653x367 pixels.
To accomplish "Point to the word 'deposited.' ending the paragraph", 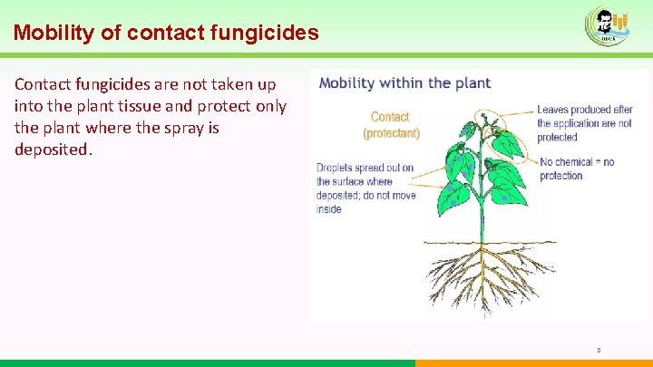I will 54,150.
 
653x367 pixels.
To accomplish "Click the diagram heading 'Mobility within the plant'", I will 404,83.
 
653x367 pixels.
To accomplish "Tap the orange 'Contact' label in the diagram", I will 390,117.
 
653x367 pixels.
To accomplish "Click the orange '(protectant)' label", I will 391,133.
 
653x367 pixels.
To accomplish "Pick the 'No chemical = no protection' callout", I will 577,169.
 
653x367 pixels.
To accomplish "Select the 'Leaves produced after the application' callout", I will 584,124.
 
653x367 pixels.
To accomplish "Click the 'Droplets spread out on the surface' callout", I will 365,188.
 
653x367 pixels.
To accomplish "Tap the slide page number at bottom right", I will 599,349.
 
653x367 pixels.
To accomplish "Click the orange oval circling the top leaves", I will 498,136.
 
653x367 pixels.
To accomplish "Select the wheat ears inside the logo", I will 621,22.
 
